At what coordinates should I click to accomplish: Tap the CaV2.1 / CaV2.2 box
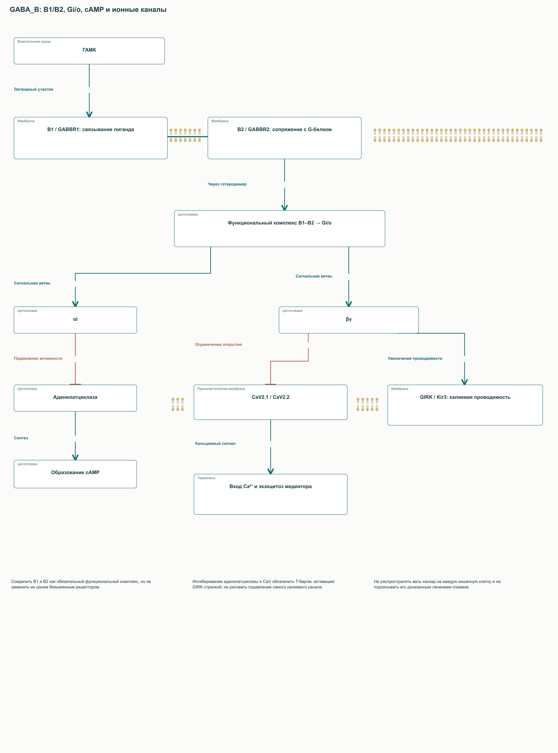[x=270, y=402]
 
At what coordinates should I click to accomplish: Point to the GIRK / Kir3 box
[x=465, y=405]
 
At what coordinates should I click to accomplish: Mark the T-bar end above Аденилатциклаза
[x=75, y=384]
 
